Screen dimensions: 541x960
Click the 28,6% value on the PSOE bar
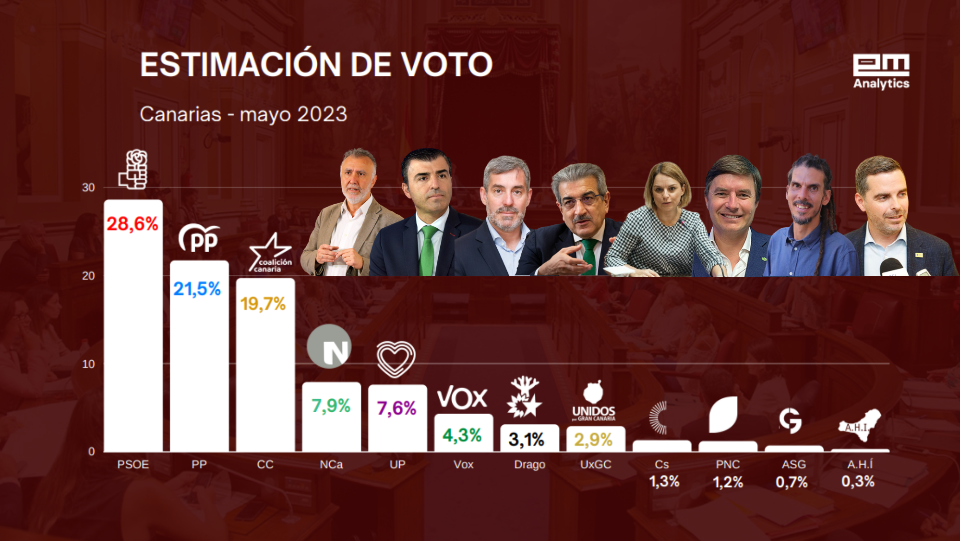pyautogui.click(x=132, y=224)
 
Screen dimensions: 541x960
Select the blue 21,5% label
pyautogui.click(x=197, y=289)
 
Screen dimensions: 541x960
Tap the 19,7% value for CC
pyautogui.click(x=263, y=304)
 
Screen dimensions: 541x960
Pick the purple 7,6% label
pyautogui.click(x=396, y=408)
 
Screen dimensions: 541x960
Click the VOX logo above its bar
pyautogui.click(x=462, y=398)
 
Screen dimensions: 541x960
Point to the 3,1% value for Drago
pyautogui.click(x=527, y=439)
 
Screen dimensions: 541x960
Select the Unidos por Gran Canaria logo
pyautogui.click(x=594, y=402)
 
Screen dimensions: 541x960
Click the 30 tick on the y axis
pyautogui.click(x=88, y=188)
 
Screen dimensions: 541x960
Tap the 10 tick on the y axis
pyautogui.click(x=88, y=364)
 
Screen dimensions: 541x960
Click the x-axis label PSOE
pyautogui.click(x=133, y=465)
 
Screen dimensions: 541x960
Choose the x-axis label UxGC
pyautogui.click(x=596, y=465)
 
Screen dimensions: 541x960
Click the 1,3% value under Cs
pyautogui.click(x=664, y=481)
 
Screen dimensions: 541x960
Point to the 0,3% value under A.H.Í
pyautogui.click(x=858, y=481)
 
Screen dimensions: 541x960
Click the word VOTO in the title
pyautogui.click(x=446, y=64)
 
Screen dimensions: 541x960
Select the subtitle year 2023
pyautogui.click(x=322, y=114)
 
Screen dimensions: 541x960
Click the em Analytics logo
pyautogui.click(x=881, y=71)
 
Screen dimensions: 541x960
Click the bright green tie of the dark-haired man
pyautogui.click(x=427, y=250)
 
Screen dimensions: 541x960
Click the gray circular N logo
pyautogui.click(x=329, y=346)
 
